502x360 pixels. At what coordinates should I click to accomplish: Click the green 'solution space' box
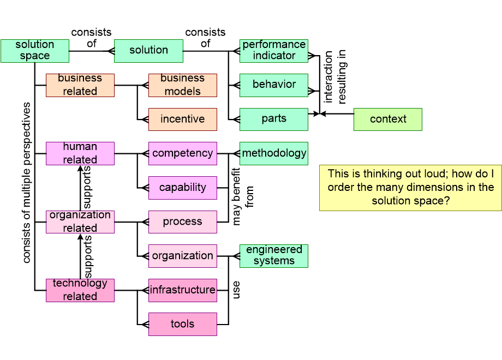tap(35, 51)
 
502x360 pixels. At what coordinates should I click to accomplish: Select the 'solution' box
tap(148, 51)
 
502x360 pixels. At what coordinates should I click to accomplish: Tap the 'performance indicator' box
tap(274, 51)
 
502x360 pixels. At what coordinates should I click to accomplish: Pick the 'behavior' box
tap(274, 85)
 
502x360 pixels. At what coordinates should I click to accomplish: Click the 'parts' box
tap(274, 119)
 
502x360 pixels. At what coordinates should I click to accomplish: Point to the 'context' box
tap(388, 119)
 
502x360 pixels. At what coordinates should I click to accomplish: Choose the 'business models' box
tap(182, 85)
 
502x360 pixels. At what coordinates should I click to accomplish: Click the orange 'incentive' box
tap(182, 119)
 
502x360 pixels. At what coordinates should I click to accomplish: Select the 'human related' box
tap(80, 154)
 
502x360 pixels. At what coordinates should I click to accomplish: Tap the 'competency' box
tap(182, 154)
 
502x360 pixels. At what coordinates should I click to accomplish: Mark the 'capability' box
tap(182, 188)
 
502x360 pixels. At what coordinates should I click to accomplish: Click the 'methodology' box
tap(274, 154)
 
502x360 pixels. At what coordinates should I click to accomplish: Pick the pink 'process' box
tap(182, 222)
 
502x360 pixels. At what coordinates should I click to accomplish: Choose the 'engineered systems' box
tap(274, 256)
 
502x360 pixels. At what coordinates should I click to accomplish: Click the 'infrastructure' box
tap(182, 290)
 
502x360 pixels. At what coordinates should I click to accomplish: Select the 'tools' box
tap(182, 324)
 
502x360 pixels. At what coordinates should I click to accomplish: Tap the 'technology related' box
tap(80, 290)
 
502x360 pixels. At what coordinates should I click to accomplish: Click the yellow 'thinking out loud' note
tap(410, 188)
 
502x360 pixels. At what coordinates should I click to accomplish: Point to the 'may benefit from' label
tap(242, 196)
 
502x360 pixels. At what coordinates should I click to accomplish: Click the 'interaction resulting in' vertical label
tap(334, 77)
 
